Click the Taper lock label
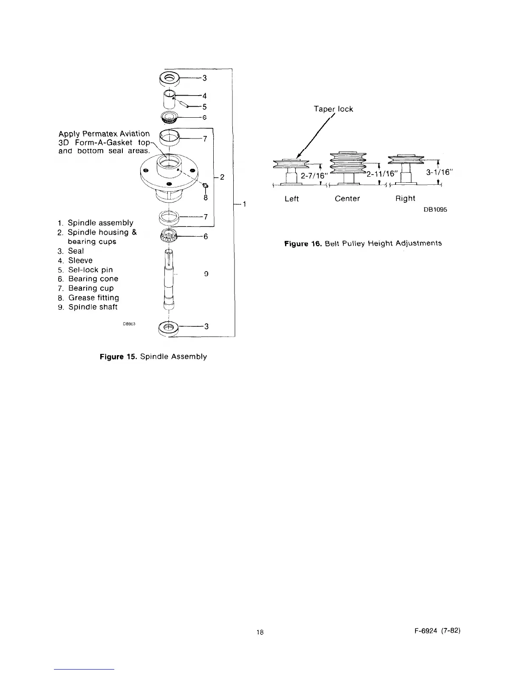(333, 109)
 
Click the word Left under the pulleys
(292, 198)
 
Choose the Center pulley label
(347, 198)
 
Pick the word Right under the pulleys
(405, 198)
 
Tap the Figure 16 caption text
(363, 243)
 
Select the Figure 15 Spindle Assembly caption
(153, 356)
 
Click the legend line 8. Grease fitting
(88, 298)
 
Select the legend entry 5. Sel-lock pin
(85, 270)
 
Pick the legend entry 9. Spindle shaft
(88, 307)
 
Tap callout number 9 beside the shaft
(206, 274)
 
